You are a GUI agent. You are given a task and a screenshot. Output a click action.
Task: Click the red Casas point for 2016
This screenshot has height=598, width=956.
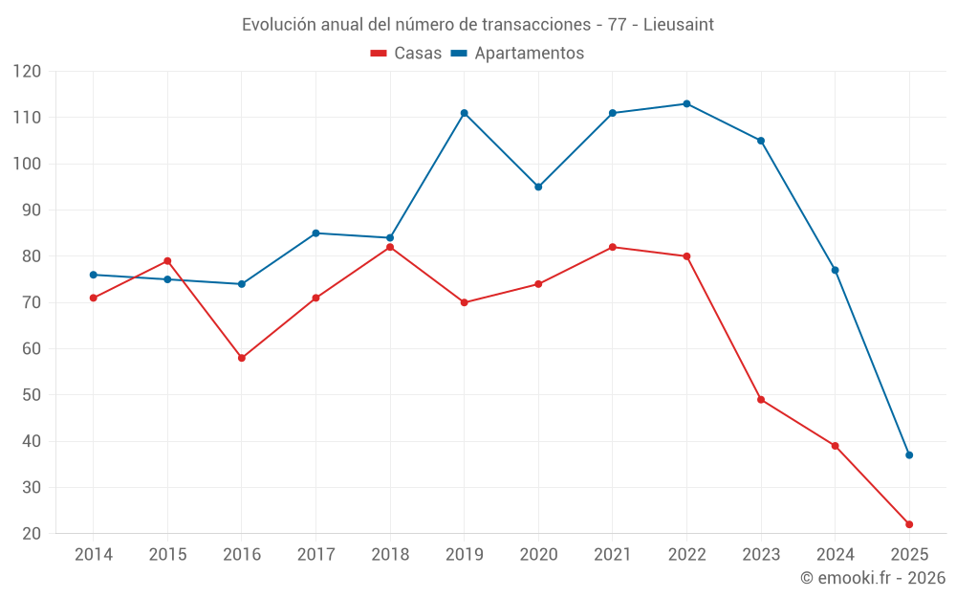pyautogui.click(x=242, y=358)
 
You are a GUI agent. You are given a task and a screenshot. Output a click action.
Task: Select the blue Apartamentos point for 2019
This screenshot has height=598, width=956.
pyautogui.click(x=465, y=113)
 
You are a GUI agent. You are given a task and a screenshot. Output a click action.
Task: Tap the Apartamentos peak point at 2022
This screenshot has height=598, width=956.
pyautogui.click(x=686, y=103)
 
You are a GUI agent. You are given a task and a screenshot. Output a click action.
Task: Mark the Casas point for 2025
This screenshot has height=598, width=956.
pyautogui.click(x=909, y=524)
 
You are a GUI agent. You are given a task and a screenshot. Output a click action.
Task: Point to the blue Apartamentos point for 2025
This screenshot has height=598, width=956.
pyautogui.click(x=909, y=455)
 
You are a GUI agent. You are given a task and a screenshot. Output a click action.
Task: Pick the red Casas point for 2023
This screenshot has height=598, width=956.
pyautogui.click(x=761, y=400)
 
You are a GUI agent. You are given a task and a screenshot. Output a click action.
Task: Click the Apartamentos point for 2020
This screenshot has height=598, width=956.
pyautogui.click(x=538, y=187)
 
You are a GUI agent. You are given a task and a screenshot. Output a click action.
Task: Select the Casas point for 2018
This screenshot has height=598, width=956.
pyautogui.click(x=390, y=247)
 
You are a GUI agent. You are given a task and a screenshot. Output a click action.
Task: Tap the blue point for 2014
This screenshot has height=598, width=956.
pyautogui.click(x=94, y=275)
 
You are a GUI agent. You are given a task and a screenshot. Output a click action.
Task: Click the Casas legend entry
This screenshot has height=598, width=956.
pyautogui.click(x=406, y=54)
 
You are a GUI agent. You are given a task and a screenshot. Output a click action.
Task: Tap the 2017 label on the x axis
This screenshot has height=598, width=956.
pyautogui.click(x=315, y=555)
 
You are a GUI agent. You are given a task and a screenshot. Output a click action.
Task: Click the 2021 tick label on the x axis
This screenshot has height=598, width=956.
pyautogui.click(x=613, y=555)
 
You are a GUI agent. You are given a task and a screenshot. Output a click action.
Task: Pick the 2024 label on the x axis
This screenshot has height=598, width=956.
pyautogui.click(x=835, y=555)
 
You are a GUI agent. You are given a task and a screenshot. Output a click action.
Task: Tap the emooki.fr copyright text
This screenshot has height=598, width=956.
pyautogui.click(x=872, y=578)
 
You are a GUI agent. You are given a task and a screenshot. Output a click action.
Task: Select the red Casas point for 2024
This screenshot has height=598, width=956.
pyautogui.click(x=835, y=446)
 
